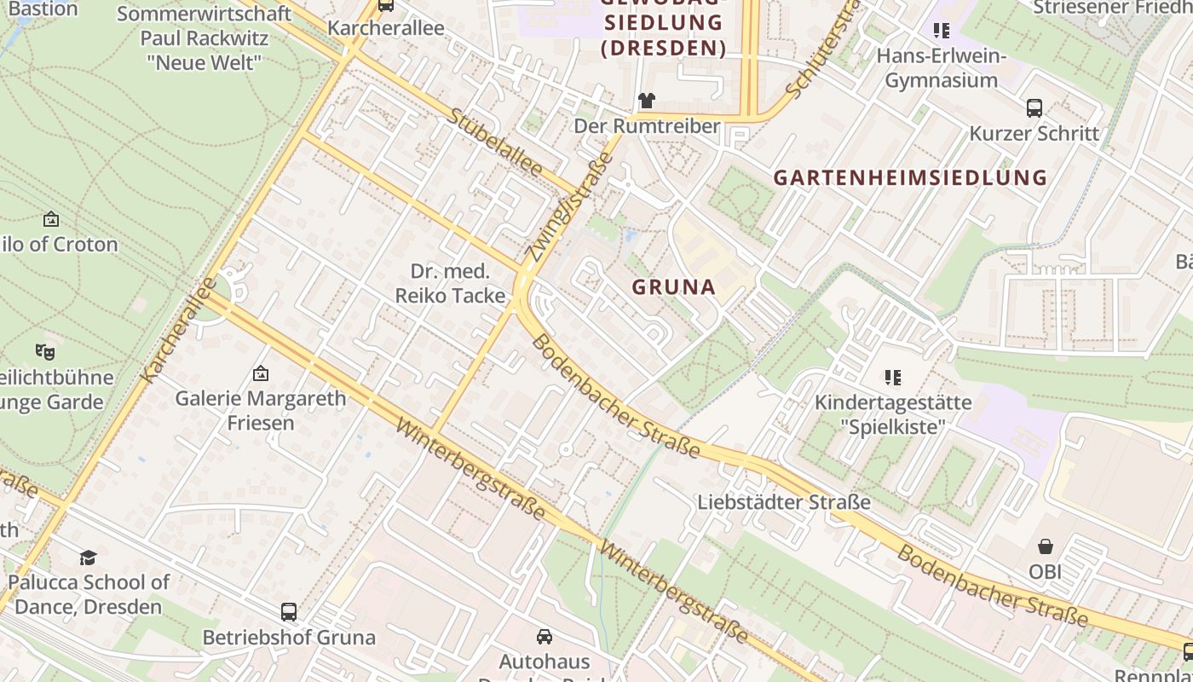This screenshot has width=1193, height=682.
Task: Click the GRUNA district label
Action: pyautogui.click(x=673, y=287)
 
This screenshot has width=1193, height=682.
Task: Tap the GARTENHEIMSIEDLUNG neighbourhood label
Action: pyautogui.click(x=909, y=177)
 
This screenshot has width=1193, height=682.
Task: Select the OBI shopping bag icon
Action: pyautogui.click(x=1046, y=546)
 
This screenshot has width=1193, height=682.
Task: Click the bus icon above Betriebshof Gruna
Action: pyautogui.click(x=289, y=611)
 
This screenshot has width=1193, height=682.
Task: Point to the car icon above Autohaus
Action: pyautogui.click(x=544, y=636)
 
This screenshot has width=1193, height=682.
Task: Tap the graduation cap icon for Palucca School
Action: pyautogui.click(x=88, y=558)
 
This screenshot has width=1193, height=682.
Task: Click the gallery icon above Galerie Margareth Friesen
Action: pyautogui.click(x=261, y=373)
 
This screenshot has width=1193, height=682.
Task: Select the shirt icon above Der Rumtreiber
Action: pyautogui.click(x=647, y=101)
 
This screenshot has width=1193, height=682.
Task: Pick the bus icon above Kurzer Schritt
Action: pyautogui.click(x=1035, y=108)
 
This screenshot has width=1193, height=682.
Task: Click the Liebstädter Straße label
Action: pyautogui.click(x=784, y=502)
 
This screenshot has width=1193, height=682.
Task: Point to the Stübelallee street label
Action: pyautogui.click(x=495, y=142)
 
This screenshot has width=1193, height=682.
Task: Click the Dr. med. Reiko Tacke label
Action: pyautogui.click(x=450, y=284)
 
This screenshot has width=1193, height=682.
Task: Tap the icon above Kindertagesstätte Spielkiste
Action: pyautogui.click(x=892, y=377)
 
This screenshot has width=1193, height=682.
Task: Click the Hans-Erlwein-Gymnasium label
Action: pyautogui.click(x=942, y=68)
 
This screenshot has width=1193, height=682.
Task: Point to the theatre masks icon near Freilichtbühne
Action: pyautogui.click(x=45, y=351)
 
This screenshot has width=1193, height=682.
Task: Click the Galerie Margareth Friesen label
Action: pyautogui.click(x=261, y=410)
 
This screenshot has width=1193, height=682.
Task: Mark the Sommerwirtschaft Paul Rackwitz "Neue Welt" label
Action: pyautogui.click(x=204, y=38)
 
